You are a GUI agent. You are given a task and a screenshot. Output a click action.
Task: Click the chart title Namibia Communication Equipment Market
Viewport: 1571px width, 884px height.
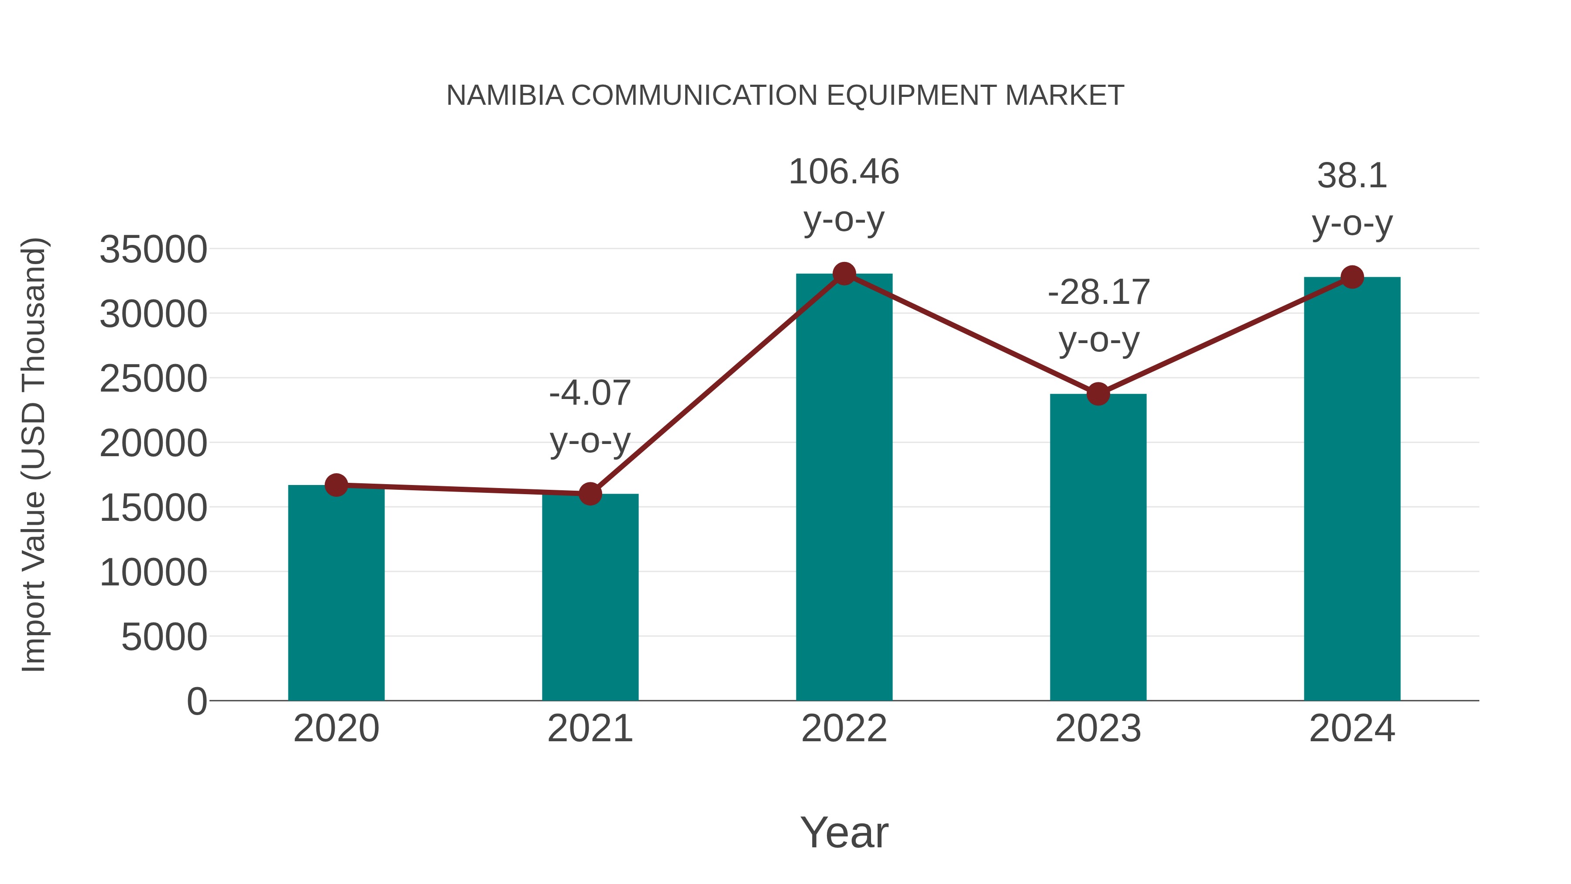[785, 96]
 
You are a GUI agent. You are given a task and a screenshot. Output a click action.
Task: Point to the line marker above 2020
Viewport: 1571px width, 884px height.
[336, 485]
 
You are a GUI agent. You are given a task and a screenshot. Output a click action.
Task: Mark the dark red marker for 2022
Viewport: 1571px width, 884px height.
[844, 274]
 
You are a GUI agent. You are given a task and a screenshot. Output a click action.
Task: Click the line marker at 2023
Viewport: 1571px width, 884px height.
[1098, 394]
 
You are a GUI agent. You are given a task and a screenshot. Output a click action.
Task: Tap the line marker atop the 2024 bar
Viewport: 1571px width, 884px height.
[1352, 277]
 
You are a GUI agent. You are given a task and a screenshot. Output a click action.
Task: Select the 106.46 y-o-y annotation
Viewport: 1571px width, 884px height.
[844, 195]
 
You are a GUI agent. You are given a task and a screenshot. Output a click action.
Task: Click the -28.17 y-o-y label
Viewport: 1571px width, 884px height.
[1098, 316]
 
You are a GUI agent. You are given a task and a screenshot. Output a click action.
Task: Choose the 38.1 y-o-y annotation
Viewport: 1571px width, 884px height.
[1352, 200]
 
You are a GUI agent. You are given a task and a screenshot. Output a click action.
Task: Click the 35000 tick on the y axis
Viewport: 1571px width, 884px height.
[153, 250]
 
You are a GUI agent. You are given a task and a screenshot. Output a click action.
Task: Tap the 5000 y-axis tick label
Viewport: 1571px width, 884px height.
[164, 637]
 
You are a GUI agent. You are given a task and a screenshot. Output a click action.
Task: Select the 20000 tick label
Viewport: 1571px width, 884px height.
[153, 444]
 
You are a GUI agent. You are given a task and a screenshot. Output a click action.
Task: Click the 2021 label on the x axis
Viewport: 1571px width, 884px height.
[590, 729]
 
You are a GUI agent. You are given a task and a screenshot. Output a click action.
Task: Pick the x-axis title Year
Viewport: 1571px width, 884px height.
[844, 833]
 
